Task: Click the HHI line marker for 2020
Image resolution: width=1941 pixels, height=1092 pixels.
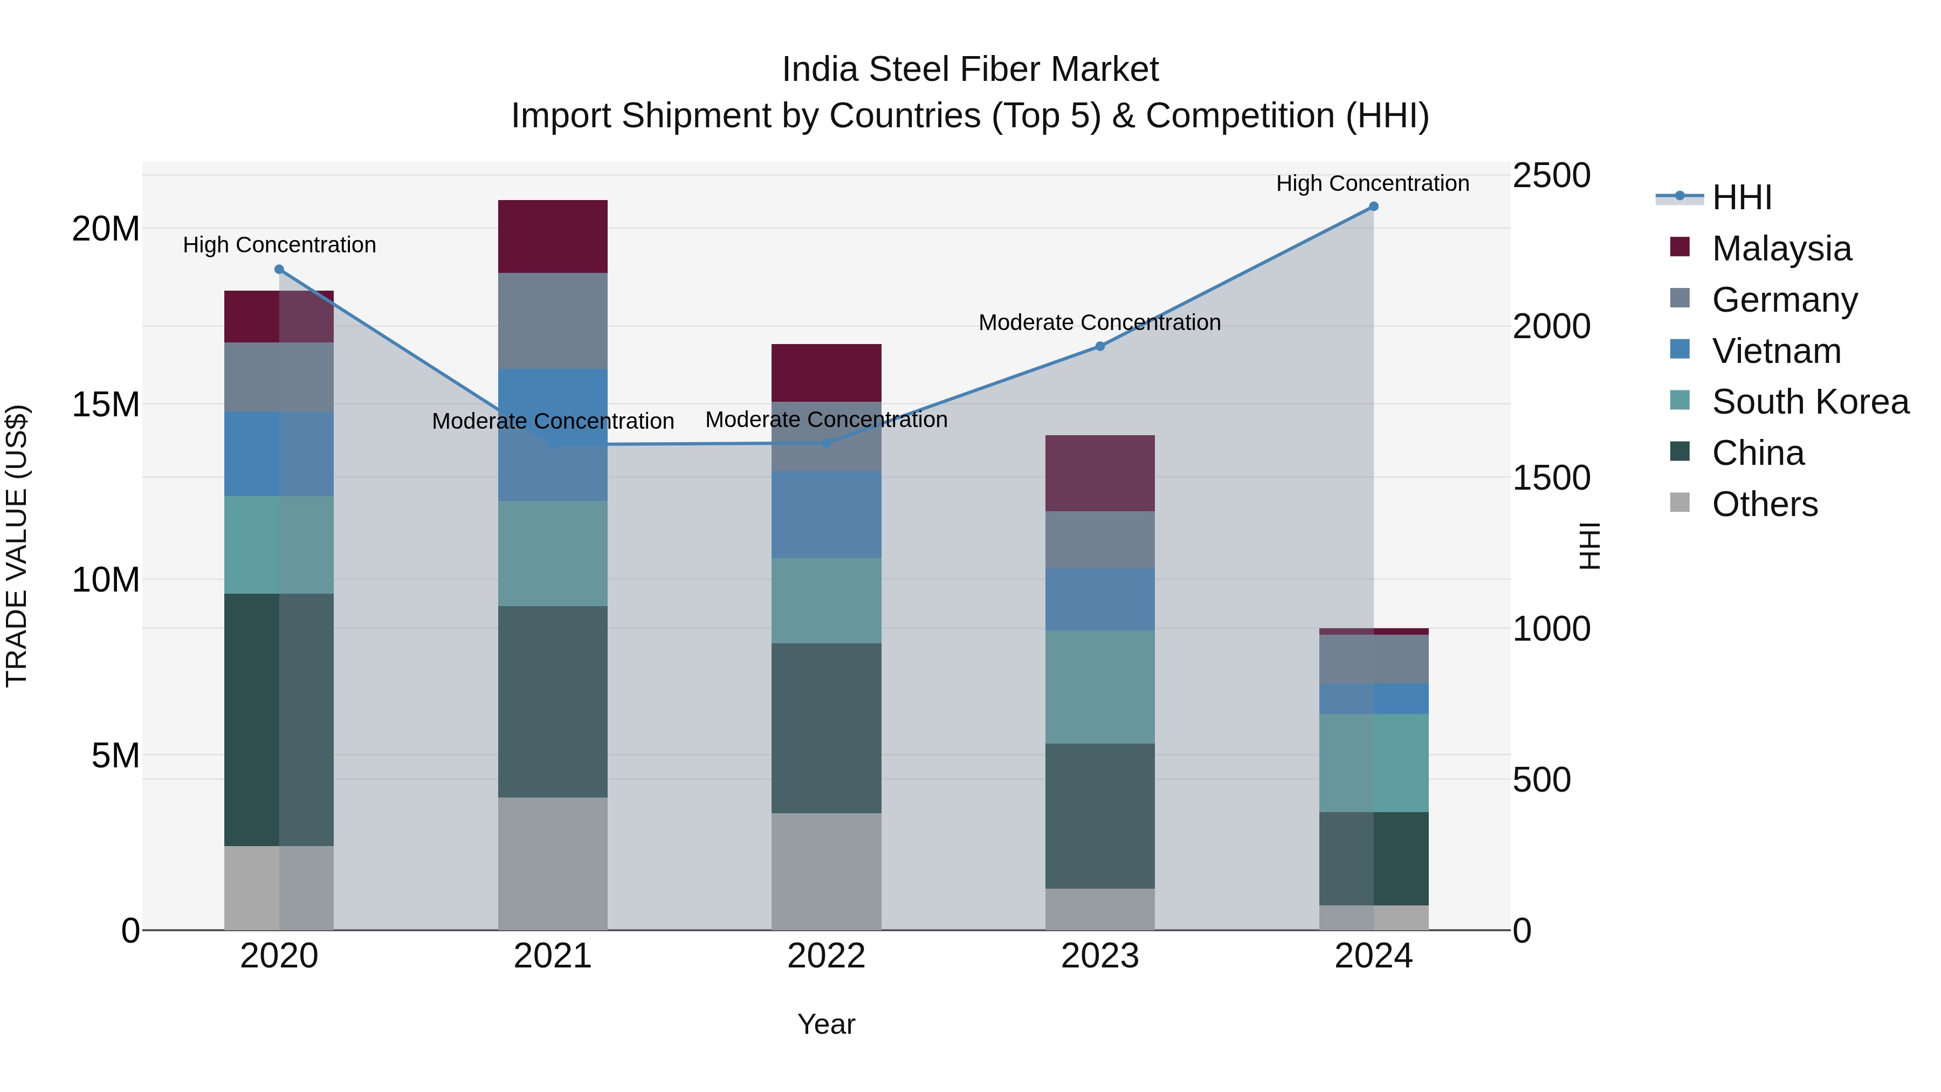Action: [279, 269]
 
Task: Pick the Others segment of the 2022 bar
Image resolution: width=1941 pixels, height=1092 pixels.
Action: [826, 871]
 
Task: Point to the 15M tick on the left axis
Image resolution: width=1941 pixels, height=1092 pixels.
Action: [106, 404]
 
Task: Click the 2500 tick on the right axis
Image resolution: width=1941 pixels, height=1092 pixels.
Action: [1551, 176]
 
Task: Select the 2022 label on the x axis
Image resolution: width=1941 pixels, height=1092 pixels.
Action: [826, 956]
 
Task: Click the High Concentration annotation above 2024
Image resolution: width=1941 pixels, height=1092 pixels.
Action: [1372, 183]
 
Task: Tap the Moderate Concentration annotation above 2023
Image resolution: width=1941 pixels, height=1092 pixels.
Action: [1099, 322]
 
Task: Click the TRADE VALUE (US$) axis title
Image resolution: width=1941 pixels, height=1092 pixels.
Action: [17, 546]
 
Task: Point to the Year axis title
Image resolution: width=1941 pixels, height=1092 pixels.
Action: [826, 1024]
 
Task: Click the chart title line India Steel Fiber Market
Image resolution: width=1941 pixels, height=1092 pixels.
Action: [970, 70]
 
